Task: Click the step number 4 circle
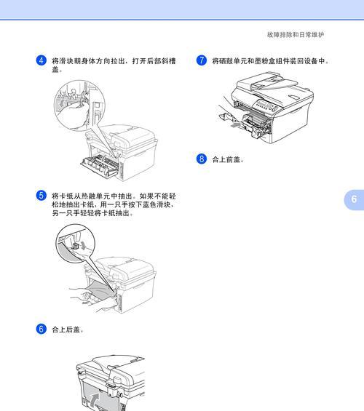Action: [41, 60]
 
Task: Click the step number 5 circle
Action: [41, 196]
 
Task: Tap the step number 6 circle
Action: [41, 329]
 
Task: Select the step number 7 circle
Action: [202, 60]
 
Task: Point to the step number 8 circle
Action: [202, 158]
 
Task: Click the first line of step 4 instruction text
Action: [114, 61]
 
